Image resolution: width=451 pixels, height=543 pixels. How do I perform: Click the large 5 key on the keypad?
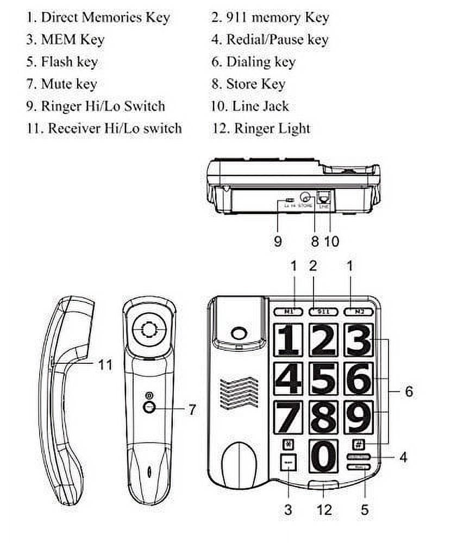[324, 378]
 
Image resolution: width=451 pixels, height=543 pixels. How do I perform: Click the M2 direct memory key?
[357, 312]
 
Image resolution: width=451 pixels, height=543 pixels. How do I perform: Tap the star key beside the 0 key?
[287, 443]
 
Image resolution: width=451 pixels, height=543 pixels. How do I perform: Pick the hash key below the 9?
[359, 443]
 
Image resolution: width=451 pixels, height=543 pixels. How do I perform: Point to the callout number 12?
[324, 509]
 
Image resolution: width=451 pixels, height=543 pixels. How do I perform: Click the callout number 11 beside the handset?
[105, 364]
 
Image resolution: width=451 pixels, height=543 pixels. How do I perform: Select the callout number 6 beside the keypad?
[409, 391]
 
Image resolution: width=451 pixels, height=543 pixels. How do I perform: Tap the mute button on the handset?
[149, 408]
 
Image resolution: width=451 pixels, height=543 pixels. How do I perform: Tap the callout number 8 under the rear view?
[315, 241]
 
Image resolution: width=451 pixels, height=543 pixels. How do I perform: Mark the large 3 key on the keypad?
[359, 339]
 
